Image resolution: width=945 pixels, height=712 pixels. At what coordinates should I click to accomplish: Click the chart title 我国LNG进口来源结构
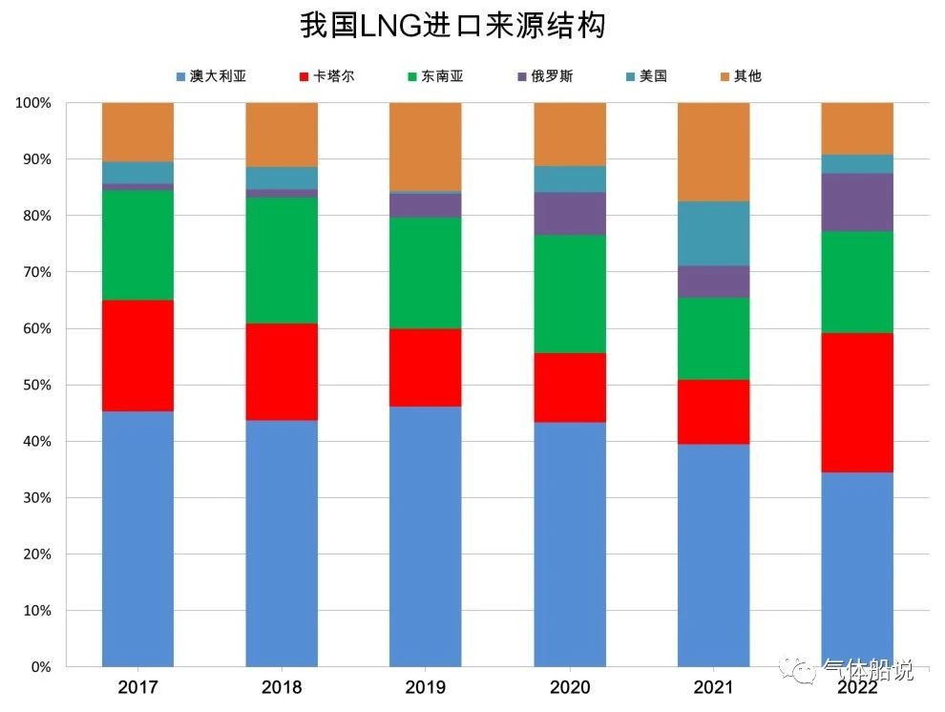(x=452, y=26)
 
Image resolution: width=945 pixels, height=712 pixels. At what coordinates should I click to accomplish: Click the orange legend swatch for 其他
(x=725, y=76)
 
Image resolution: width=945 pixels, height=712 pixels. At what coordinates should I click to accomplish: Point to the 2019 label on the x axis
(x=425, y=687)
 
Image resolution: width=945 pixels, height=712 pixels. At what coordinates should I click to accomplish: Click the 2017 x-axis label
(x=137, y=687)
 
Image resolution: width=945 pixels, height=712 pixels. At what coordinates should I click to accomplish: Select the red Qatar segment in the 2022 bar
(x=857, y=402)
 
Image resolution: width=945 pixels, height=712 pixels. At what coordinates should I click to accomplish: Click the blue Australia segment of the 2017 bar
(x=137, y=539)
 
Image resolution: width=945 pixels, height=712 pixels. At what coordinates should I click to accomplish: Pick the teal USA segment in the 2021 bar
(x=713, y=233)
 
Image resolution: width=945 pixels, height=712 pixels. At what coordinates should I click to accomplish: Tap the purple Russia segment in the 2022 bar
(x=857, y=201)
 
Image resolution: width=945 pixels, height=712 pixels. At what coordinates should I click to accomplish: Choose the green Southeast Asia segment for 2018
(x=282, y=260)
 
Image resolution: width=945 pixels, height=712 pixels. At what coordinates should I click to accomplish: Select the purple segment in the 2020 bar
(x=570, y=213)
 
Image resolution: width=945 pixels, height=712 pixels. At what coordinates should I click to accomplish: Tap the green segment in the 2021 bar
(x=713, y=339)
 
